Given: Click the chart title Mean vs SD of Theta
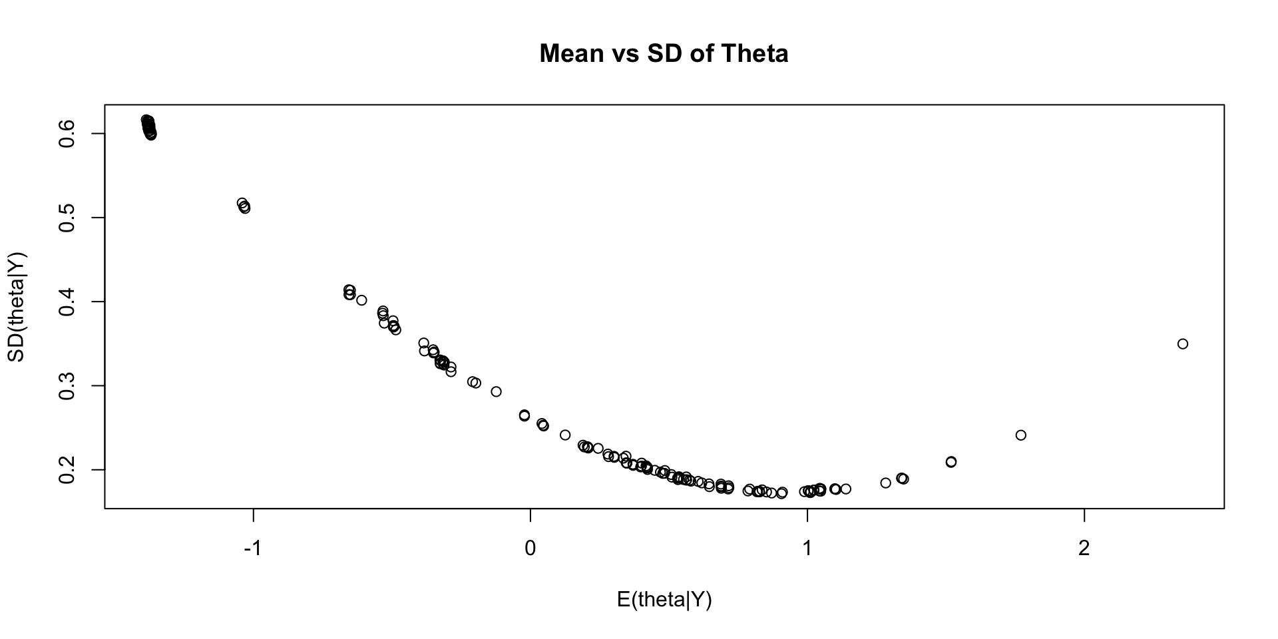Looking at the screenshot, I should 664,53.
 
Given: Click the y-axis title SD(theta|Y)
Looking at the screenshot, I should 16,307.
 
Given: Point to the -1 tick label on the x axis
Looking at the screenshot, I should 253,550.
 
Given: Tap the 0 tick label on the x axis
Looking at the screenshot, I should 531,550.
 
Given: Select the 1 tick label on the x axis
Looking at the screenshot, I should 807,550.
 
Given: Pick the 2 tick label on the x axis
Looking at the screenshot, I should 1084,550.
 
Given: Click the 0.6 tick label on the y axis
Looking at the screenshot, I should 67,133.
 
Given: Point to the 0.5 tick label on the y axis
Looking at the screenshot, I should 67,218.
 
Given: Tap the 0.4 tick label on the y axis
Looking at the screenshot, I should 67,302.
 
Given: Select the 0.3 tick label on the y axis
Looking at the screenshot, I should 67,385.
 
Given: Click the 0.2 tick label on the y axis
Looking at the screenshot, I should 67,469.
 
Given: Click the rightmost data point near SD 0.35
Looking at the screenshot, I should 1183,344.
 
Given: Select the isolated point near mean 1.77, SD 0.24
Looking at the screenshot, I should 1021,435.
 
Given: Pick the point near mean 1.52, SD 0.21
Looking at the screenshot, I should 951,462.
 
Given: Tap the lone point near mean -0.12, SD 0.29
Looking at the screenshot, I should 496,391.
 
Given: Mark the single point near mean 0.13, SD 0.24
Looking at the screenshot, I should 565,435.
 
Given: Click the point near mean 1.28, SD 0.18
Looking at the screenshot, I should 885,483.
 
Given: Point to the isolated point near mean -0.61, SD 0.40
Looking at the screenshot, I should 361,300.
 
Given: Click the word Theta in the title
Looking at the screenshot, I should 756,53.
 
